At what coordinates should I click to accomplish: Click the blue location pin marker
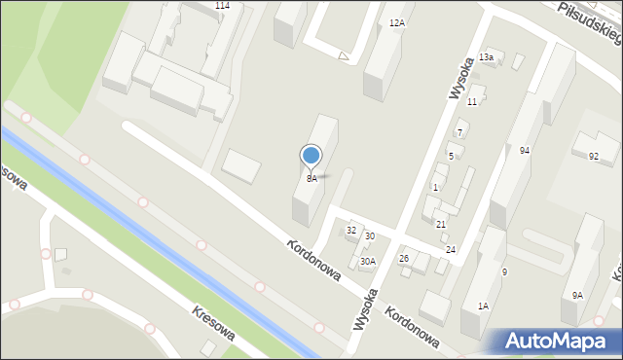pos(311,156)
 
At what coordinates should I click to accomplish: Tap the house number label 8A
pos(311,178)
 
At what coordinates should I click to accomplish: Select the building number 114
pos(222,6)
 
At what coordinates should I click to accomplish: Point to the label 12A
pos(396,22)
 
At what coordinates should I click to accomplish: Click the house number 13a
pos(487,57)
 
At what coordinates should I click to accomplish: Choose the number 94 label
pos(524,151)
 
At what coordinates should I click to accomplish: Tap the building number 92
pos(594,157)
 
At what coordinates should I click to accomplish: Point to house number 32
pos(351,231)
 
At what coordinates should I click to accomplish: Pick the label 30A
pos(368,261)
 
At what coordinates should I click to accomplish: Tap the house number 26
pos(404,258)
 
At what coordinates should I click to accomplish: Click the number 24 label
pos(451,250)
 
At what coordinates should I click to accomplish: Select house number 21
pos(441,225)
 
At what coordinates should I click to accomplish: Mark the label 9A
pos(577,295)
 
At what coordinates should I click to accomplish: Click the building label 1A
pos(483,306)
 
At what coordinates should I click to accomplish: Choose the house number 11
pos(472,101)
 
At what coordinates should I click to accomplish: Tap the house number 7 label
pos(459,132)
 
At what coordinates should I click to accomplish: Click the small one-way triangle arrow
pos(343,56)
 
